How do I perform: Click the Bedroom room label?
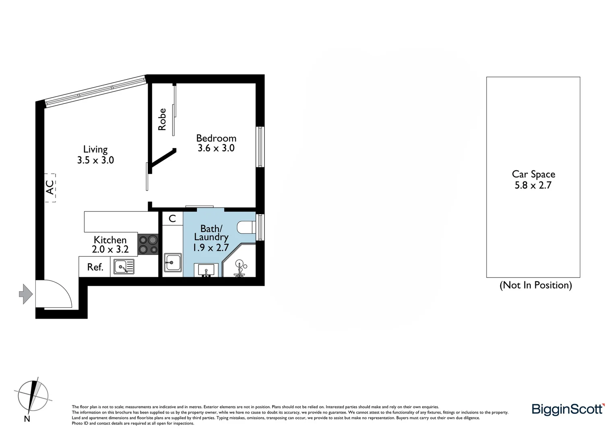(216, 138)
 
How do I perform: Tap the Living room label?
(95, 149)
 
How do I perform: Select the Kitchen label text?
(110, 240)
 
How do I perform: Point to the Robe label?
(162, 119)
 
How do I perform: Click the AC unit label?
(50, 187)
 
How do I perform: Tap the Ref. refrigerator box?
(95, 267)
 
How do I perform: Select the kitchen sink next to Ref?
(124, 267)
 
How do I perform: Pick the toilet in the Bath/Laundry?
(246, 227)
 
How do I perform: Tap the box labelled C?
(172, 218)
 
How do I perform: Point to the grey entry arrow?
(26, 294)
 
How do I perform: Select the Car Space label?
(533, 174)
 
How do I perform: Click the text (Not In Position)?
(535, 285)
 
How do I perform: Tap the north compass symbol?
(33, 396)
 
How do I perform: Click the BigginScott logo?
(568, 409)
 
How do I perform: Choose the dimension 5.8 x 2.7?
(533, 185)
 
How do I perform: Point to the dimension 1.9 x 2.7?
(211, 248)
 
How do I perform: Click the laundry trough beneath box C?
(173, 264)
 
